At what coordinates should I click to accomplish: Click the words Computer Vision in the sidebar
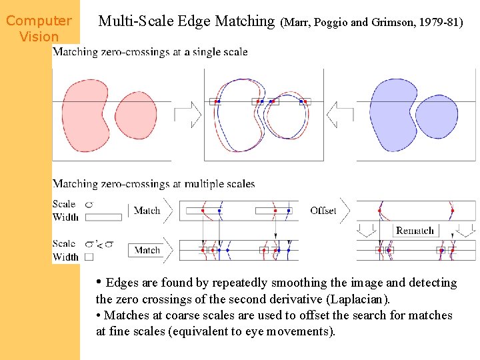pyautogui.click(x=39, y=29)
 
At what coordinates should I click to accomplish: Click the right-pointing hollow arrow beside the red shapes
pyautogui.click(x=188, y=114)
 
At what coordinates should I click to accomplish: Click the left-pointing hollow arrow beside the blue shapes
pyautogui.click(x=340, y=114)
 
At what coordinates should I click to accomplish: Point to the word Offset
pyautogui.click(x=323, y=211)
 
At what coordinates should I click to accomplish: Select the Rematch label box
pyautogui.click(x=415, y=231)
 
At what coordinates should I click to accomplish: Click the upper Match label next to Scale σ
pyautogui.click(x=147, y=211)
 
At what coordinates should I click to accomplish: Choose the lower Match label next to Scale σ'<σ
pyautogui.click(x=147, y=251)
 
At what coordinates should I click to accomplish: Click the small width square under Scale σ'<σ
pyautogui.click(x=89, y=257)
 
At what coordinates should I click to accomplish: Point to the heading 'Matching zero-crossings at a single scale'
pyautogui.click(x=150, y=51)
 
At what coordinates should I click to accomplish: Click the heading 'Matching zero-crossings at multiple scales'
pyautogui.click(x=153, y=183)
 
